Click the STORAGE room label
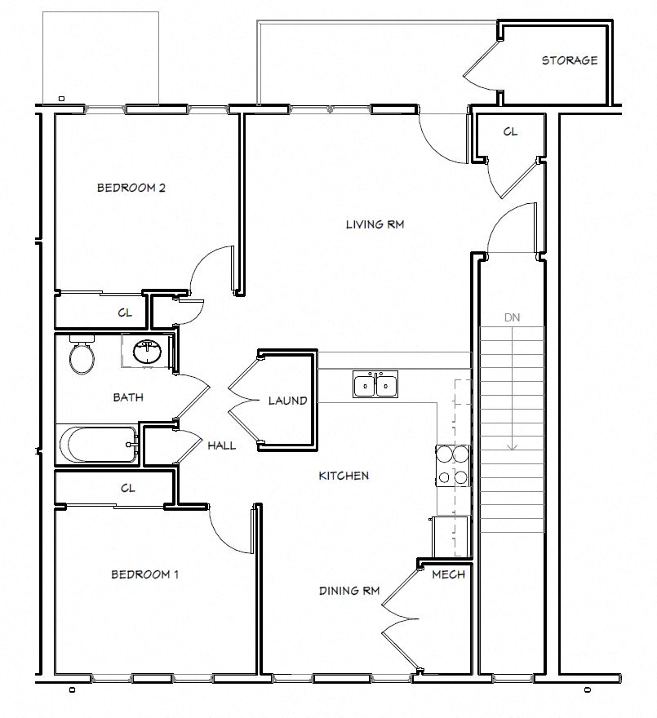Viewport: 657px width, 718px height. [x=569, y=60]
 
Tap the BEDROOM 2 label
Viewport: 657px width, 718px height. [x=131, y=188]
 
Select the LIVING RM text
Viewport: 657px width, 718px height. [x=375, y=224]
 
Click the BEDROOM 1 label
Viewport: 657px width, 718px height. [x=144, y=574]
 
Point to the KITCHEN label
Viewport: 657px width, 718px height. [x=344, y=476]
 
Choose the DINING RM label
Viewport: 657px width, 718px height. [x=349, y=590]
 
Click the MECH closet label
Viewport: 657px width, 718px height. [x=448, y=574]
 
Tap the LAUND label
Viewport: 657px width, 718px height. [x=287, y=401]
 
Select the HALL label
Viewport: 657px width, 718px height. [x=221, y=445]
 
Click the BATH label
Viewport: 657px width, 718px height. [x=128, y=397]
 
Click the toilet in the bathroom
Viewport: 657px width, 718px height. [x=82, y=357]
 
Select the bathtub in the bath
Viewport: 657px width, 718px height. [x=96, y=445]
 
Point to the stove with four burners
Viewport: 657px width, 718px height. [x=454, y=466]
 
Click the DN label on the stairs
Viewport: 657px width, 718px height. [x=512, y=317]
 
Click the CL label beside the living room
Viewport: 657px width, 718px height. [x=509, y=131]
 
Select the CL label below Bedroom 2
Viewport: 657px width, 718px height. [x=125, y=312]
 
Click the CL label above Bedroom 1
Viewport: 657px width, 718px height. [x=127, y=489]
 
